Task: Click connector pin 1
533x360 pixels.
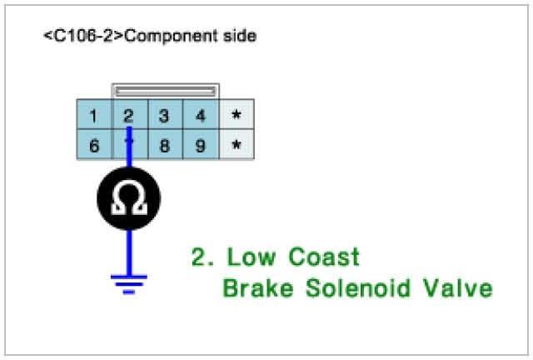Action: coord(94,116)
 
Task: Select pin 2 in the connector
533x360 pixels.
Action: coord(129,116)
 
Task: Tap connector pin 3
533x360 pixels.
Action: coord(165,116)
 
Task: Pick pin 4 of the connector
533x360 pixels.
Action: coord(201,116)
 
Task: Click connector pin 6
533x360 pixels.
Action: coord(94,145)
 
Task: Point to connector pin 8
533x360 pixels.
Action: coord(165,145)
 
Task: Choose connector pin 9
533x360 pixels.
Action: coord(201,145)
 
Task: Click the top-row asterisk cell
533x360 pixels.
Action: coord(237,116)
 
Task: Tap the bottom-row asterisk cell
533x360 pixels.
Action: coord(237,145)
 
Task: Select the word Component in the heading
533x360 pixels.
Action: coord(174,37)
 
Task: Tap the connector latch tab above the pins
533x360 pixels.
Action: coord(165,90)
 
